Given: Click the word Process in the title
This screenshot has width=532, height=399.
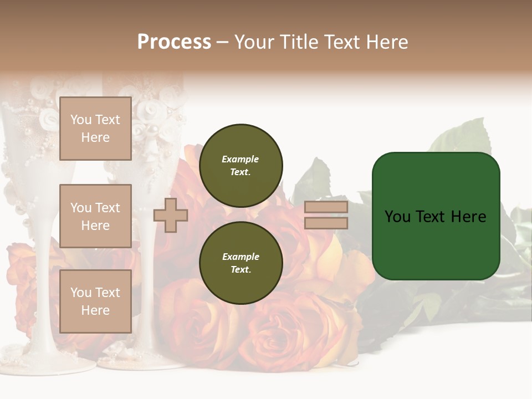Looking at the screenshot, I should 174,42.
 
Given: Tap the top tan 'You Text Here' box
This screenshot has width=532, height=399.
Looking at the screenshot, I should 95,129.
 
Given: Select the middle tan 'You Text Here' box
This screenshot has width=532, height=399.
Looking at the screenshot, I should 95,216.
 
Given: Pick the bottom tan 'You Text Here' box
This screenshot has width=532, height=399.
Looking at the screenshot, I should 95,301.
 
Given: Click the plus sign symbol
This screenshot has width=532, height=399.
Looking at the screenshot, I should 171,215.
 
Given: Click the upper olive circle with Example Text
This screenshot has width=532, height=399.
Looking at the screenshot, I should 241,165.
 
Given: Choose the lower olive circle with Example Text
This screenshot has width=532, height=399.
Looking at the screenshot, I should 241,263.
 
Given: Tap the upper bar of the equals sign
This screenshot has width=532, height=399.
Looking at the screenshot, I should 326,207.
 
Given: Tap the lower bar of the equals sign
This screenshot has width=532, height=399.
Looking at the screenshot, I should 326,223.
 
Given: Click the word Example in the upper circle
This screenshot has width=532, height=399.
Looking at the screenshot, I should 241,159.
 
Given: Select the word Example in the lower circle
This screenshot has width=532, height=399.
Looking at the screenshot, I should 241,257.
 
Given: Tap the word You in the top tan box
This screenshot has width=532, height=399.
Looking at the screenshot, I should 81,120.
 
